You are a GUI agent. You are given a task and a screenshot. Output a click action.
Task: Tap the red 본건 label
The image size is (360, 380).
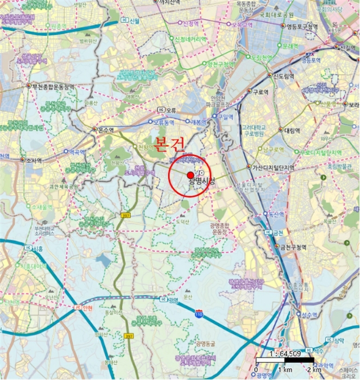click(170, 144)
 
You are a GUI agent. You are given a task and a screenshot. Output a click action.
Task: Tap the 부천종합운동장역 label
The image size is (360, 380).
click(53, 86)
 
